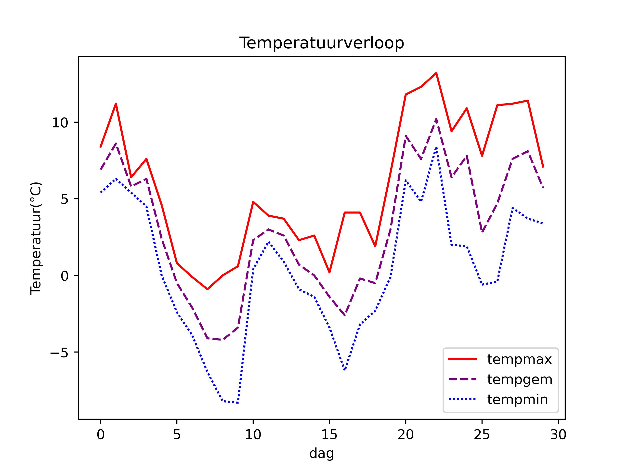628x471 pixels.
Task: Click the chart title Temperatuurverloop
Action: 322,43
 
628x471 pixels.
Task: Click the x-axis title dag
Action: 321,453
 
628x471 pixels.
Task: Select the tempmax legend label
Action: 519,359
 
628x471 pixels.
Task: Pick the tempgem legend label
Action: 520,379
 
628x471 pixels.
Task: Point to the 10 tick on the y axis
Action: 60,123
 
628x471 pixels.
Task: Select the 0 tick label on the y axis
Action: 65,276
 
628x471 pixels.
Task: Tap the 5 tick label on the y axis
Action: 65,199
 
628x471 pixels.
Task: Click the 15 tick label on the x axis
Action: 329,435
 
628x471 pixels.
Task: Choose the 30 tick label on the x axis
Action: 558,435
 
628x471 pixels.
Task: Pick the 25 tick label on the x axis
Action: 482,435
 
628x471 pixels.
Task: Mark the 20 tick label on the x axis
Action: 406,435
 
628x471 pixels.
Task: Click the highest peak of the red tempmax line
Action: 436,73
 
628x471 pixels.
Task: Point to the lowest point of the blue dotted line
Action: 238,403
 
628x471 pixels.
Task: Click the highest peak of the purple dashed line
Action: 436,119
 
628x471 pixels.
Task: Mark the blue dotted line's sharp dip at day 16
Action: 345,370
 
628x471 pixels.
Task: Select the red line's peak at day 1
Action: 116,104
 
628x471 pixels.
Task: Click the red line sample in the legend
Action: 462,359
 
